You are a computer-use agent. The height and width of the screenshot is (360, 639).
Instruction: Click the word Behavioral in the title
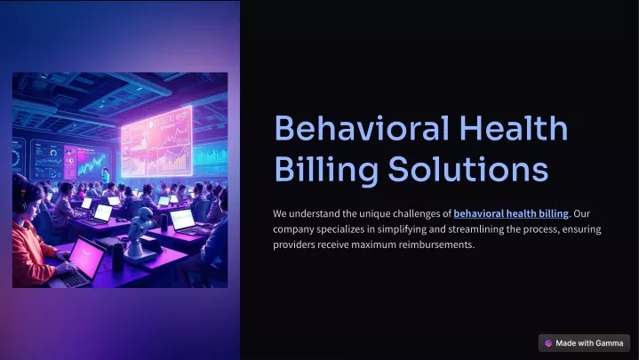(362, 128)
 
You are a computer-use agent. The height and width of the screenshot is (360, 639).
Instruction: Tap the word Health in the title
(514, 128)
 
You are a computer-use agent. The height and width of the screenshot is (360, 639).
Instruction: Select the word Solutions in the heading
(467, 169)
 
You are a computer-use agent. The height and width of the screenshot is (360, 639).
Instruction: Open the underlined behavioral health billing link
(511, 213)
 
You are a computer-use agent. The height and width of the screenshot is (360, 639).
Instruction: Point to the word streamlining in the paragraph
(476, 229)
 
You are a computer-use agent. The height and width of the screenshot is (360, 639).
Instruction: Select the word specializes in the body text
(340, 229)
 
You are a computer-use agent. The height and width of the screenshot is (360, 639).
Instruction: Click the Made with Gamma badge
(584, 343)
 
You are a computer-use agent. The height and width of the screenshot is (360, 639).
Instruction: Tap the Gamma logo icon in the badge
(548, 343)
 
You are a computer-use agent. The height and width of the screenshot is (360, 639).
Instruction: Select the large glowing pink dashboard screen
(157, 142)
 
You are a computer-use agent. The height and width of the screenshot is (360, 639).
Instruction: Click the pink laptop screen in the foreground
(85, 257)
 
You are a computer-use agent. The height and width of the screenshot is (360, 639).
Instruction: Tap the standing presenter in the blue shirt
(106, 176)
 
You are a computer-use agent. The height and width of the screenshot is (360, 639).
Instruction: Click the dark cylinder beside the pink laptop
(118, 257)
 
